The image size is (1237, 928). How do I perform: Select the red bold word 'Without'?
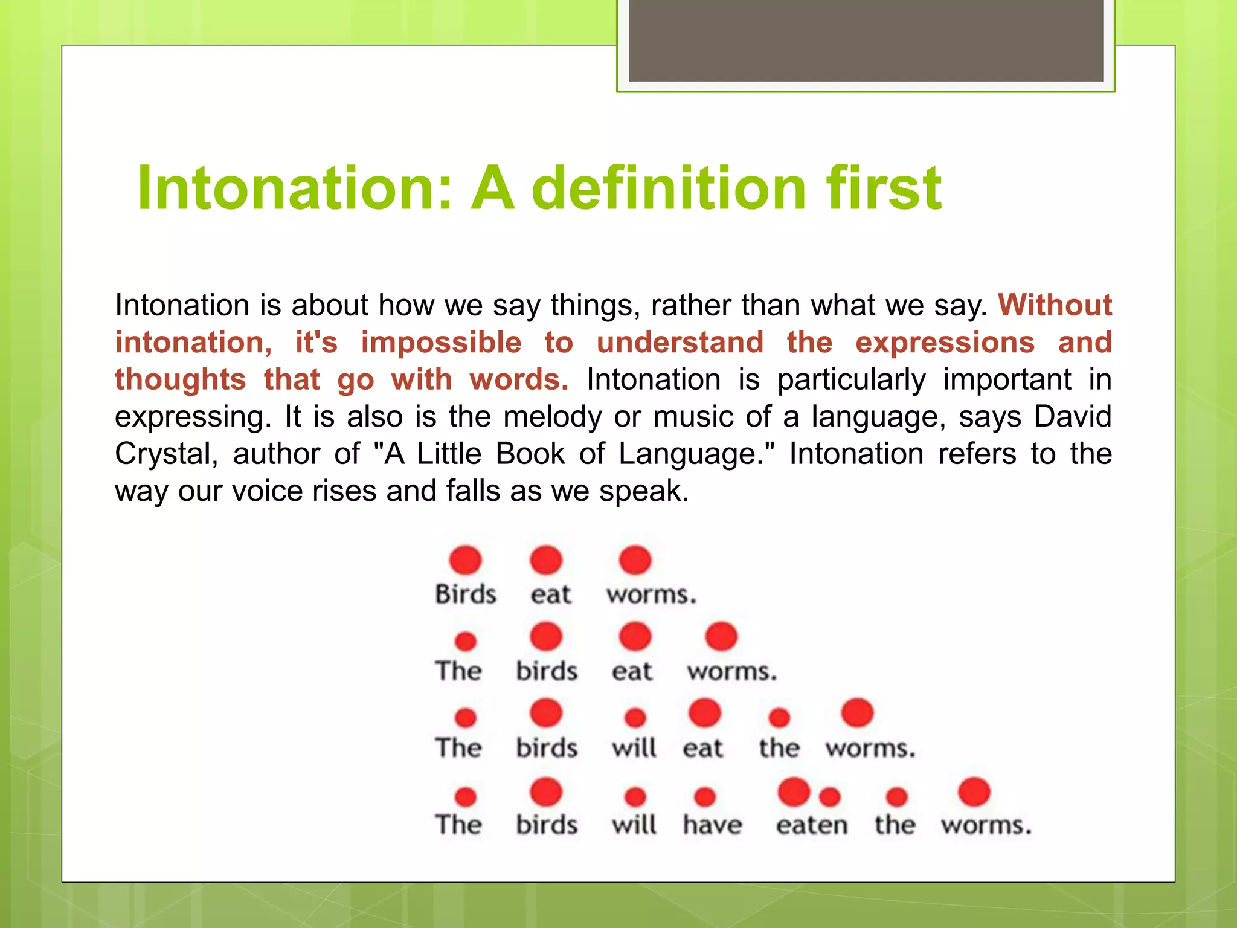(1055, 304)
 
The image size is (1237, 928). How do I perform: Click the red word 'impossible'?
(441, 342)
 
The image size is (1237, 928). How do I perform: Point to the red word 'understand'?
(680, 342)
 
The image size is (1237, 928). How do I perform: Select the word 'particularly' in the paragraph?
(851, 379)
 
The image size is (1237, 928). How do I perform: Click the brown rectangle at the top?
(866, 40)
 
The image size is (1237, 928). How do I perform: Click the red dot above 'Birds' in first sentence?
(465, 560)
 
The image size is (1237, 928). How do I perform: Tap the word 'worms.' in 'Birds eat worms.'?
(651, 594)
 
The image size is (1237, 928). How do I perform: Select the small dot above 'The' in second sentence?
(465, 641)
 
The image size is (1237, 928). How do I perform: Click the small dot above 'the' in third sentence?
(779, 718)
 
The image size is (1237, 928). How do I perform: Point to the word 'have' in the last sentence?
(712, 825)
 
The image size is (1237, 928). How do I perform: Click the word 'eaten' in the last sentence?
(812, 825)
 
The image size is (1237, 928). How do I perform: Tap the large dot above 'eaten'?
(794, 791)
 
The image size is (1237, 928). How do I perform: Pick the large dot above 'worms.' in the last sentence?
(974, 791)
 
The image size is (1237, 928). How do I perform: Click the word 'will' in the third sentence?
(634, 748)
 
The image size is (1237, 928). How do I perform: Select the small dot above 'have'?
(705, 797)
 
